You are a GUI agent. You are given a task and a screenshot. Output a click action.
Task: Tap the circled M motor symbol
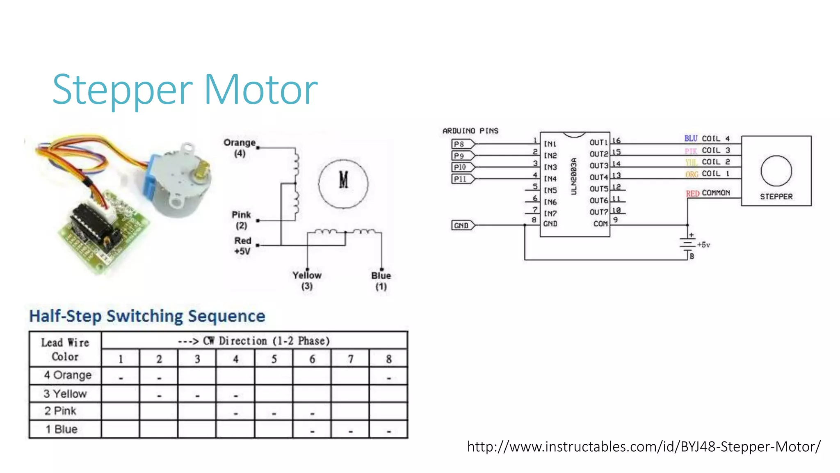pyautogui.click(x=343, y=184)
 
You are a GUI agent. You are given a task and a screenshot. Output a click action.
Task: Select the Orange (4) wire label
pyautogui.click(x=240, y=148)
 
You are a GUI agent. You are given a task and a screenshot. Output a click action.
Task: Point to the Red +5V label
pyautogui.click(x=242, y=246)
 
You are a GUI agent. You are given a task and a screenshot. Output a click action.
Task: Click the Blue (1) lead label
pyautogui.click(x=381, y=281)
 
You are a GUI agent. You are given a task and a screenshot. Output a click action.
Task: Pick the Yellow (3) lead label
pyautogui.click(x=307, y=281)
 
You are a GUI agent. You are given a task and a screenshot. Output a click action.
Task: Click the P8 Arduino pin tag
pyautogui.click(x=462, y=144)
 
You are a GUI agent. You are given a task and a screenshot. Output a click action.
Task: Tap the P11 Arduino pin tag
pyautogui.click(x=462, y=179)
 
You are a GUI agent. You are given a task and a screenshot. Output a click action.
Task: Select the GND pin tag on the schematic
pyautogui.click(x=462, y=225)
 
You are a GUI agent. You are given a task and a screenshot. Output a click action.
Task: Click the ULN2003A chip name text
pyautogui.click(x=574, y=177)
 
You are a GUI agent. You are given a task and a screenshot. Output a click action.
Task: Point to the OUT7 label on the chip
pyautogui.click(x=598, y=212)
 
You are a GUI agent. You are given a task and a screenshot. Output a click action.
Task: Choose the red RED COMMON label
pyautogui.click(x=708, y=193)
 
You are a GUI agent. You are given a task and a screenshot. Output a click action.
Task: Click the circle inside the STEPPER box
pyautogui.click(x=776, y=171)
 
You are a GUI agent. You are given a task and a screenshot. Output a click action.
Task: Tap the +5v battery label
pyautogui.click(x=703, y=245)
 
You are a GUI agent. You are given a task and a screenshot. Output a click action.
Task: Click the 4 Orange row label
pyautogui.click(x=67, y=375)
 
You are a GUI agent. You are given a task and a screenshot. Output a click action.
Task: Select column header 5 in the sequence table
pyautogui.click(x=274, y=359)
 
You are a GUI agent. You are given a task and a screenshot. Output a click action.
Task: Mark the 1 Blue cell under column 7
pyautogui.click(x=350, y=430)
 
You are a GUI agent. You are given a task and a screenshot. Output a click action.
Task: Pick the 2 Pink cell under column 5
pyautogui.click(x=274, y=411)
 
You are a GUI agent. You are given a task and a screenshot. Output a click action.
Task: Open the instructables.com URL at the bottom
pyautogui.click(x=644, y=446)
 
